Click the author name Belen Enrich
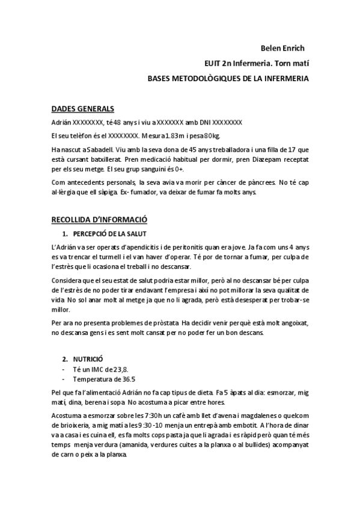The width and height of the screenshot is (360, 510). [284, 48]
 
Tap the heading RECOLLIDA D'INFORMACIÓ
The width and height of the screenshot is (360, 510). [99, 220]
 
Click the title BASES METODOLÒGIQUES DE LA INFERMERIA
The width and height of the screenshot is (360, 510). [229, 78]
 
